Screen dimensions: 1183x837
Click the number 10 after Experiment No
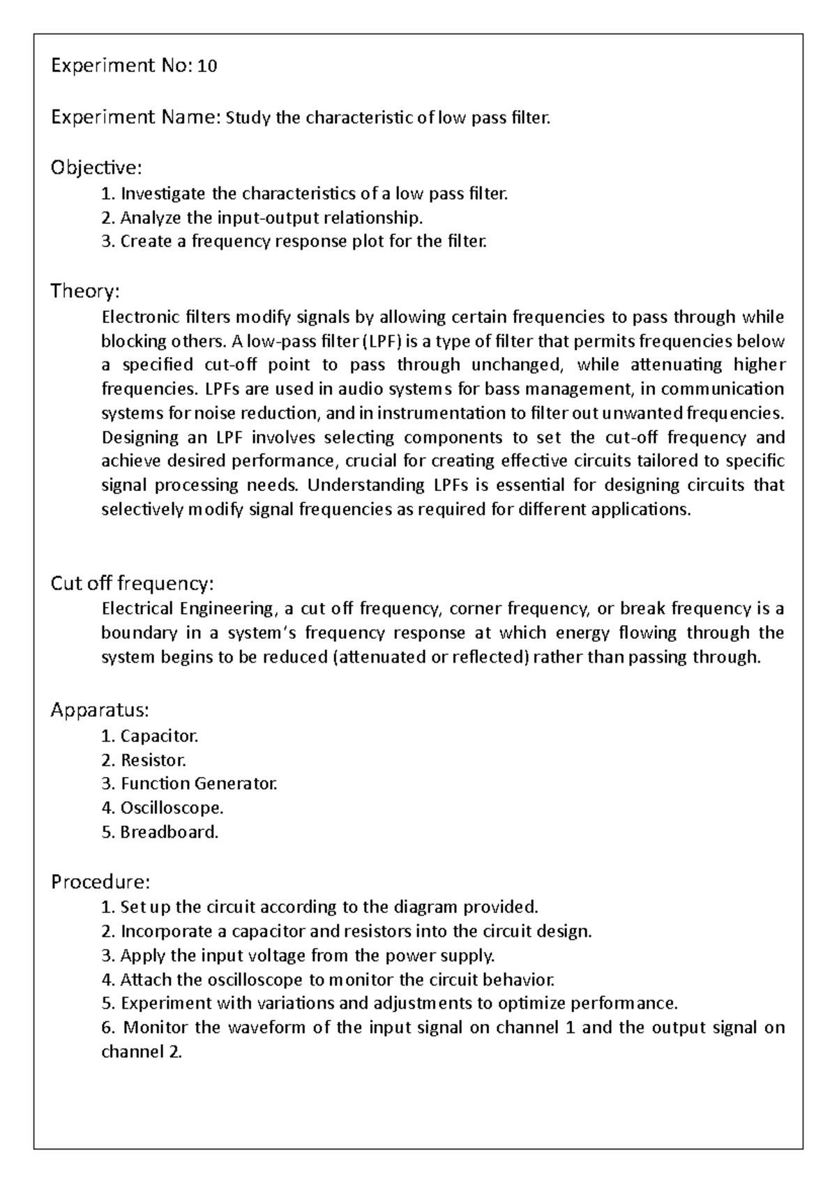(x=208, y=66)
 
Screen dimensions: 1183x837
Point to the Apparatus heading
(x=100, y=710)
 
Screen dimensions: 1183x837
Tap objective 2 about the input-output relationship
(x=262, y=218)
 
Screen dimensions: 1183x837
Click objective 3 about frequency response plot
(x=294, y=241)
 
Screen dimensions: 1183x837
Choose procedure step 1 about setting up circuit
(x=320, y=907)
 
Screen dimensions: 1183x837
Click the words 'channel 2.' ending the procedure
(x=142, y=1051)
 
